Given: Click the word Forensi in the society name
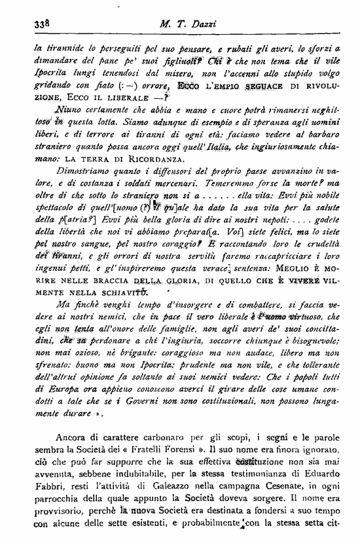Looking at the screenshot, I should pyautogui.click(x=206, y=457).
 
